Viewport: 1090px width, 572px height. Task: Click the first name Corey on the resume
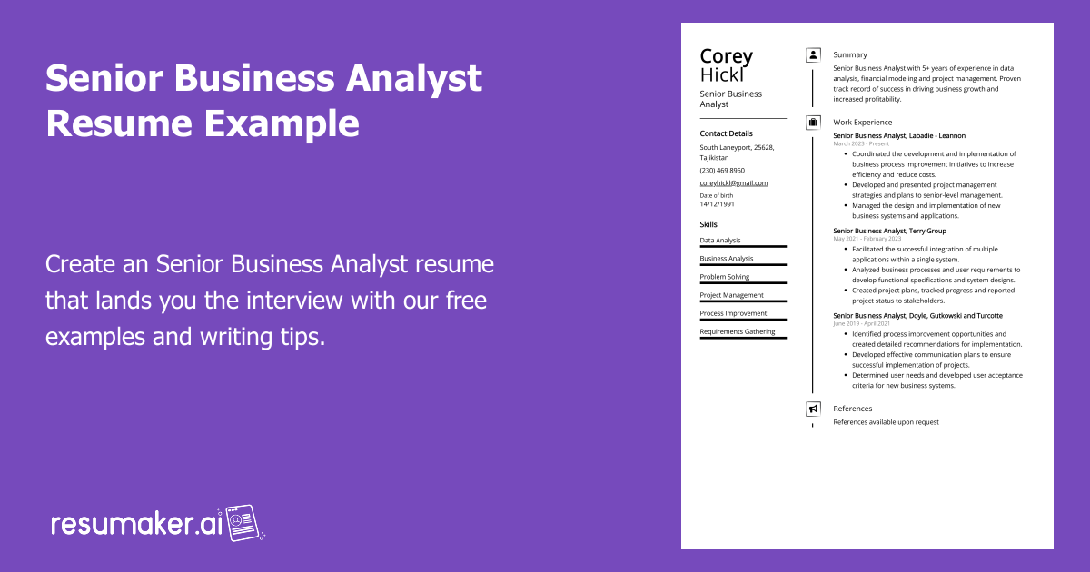(x=726, y=56)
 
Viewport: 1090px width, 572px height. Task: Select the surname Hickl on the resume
(x=721, y=74)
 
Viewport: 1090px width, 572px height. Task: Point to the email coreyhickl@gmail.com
(x=733, y=183)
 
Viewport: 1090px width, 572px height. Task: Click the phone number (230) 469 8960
(x=722, y=171)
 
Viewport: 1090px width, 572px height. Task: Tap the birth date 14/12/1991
(x=718, y=204)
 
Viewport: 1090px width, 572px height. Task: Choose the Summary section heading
(x=849, y=55)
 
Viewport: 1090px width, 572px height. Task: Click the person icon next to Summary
(x=813, y=55)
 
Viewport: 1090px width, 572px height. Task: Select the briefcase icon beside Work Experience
(x=813, y=122)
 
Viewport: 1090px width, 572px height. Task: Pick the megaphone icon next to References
(x=813, y=409)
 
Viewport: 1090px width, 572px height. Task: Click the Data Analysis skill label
(x=719, y=241)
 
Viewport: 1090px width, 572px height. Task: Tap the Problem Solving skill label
(x=724, y=277)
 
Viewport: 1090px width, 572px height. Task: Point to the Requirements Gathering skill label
(x=737, y=331)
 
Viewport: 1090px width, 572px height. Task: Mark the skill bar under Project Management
(x=743, y=301)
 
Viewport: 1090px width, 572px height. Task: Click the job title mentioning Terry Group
(x=889, y=231)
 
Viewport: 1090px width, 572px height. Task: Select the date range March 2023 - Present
(x=861, y=143)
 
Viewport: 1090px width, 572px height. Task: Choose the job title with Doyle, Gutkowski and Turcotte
(x=917, y=315)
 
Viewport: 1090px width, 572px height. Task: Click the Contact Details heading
(x=726, y=133)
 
